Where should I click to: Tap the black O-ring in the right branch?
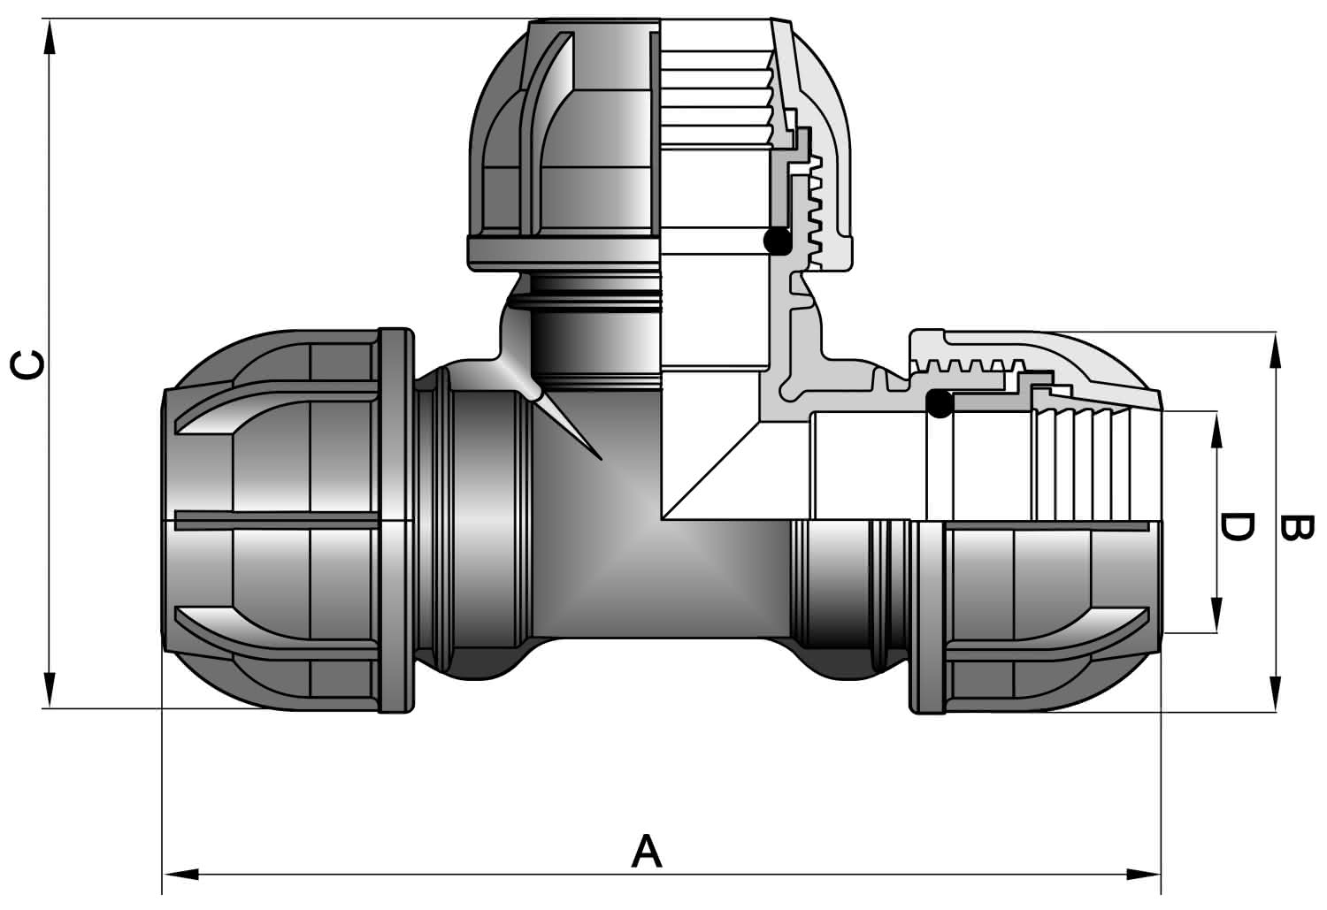[940, 404]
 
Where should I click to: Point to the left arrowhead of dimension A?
[180, 874]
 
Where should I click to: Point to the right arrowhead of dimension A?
[1143, 874]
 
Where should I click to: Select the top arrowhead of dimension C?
[50, 37]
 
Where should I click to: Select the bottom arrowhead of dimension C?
[50, 690]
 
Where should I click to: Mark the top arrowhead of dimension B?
[1275, 350]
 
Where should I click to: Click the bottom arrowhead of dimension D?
[1216, 615]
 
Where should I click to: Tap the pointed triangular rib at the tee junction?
[566, 426]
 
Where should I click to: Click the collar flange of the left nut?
[395, 521]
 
